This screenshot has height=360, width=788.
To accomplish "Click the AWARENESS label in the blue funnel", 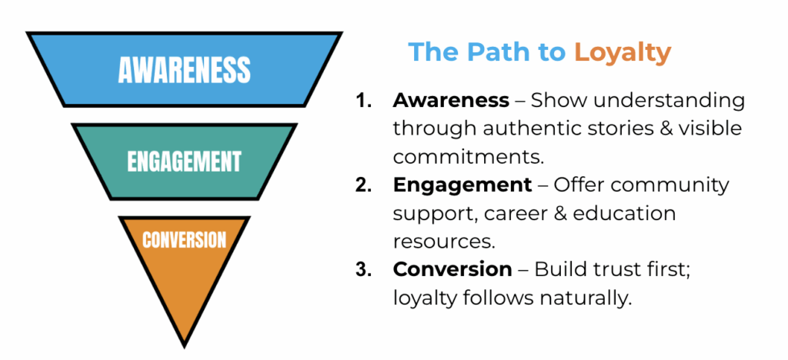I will [x=184, y=70].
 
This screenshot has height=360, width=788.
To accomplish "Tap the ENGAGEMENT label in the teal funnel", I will [x=184, y=162].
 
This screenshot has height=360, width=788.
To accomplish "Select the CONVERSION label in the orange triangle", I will [x=184, y=239].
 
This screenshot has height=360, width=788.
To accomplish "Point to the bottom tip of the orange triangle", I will [x=185, y=345].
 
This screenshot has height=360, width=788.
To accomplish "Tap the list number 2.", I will [x=363, y=185].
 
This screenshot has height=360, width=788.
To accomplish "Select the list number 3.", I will [x=363, y=270].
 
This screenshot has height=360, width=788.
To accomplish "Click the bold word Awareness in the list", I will [x=450, y=101].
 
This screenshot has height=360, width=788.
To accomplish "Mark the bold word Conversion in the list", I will [x=452, y=270].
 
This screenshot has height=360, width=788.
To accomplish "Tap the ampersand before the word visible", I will [x=654, y=128].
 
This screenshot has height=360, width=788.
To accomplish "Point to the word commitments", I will [x=469, y=157].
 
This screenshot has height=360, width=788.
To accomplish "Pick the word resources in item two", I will [x=444, y=242].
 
